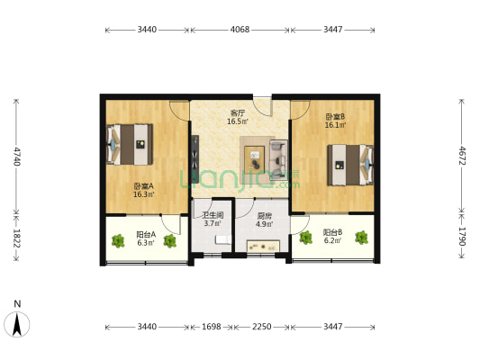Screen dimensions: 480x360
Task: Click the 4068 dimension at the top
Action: click(240, 30)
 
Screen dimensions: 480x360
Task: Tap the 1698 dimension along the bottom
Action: click(212, 327)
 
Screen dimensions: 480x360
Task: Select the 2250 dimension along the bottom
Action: click(261, 327)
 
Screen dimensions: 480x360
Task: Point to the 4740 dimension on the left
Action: click(17, 156)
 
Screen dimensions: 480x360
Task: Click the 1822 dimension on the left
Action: click(17, 238)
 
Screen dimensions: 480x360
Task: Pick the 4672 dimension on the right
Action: click(462, 156)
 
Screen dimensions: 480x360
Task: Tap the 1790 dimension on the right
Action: click(462, 237)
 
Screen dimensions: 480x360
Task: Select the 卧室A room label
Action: click(143, 185)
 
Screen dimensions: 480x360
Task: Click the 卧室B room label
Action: click(335, 116)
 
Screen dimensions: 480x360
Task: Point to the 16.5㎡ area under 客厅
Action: click(237, 121)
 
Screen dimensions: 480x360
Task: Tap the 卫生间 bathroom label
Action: click(213, 215)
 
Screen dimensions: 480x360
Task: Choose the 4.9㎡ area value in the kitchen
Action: click(264, 224)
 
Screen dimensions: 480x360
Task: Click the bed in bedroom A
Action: click(130, 144)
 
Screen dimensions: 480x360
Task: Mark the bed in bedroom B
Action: click(350, 165)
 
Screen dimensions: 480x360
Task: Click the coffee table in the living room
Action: click(254, 157)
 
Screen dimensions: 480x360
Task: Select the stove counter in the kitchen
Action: click(263, 247)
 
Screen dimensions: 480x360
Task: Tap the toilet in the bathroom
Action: click(222, 239)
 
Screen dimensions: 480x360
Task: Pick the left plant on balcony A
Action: click(118, 241)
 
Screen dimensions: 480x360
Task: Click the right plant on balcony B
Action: click(361, 238)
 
